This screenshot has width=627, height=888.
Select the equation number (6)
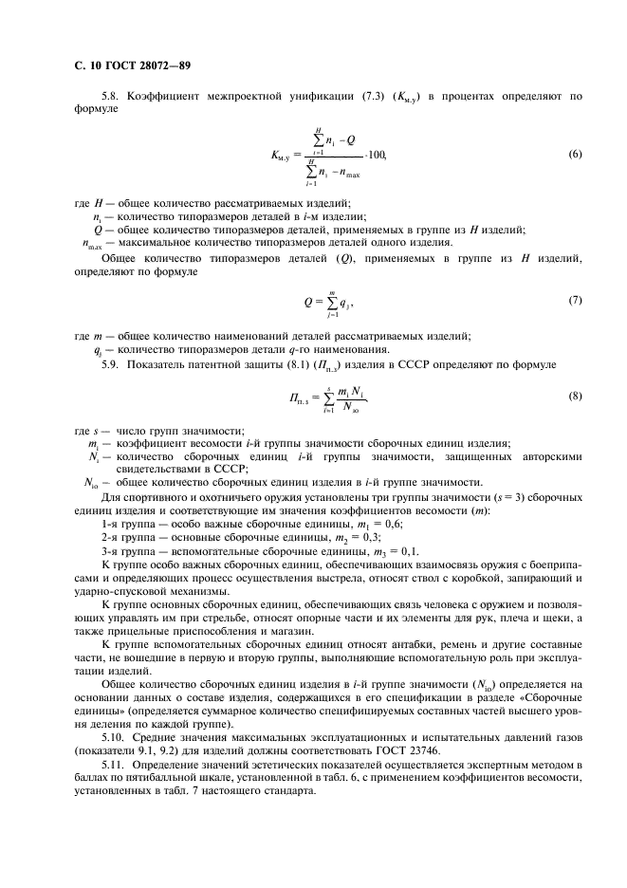point(574,154)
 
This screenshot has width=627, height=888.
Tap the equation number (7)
point(574,301)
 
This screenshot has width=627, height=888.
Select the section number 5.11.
point(115,766)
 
